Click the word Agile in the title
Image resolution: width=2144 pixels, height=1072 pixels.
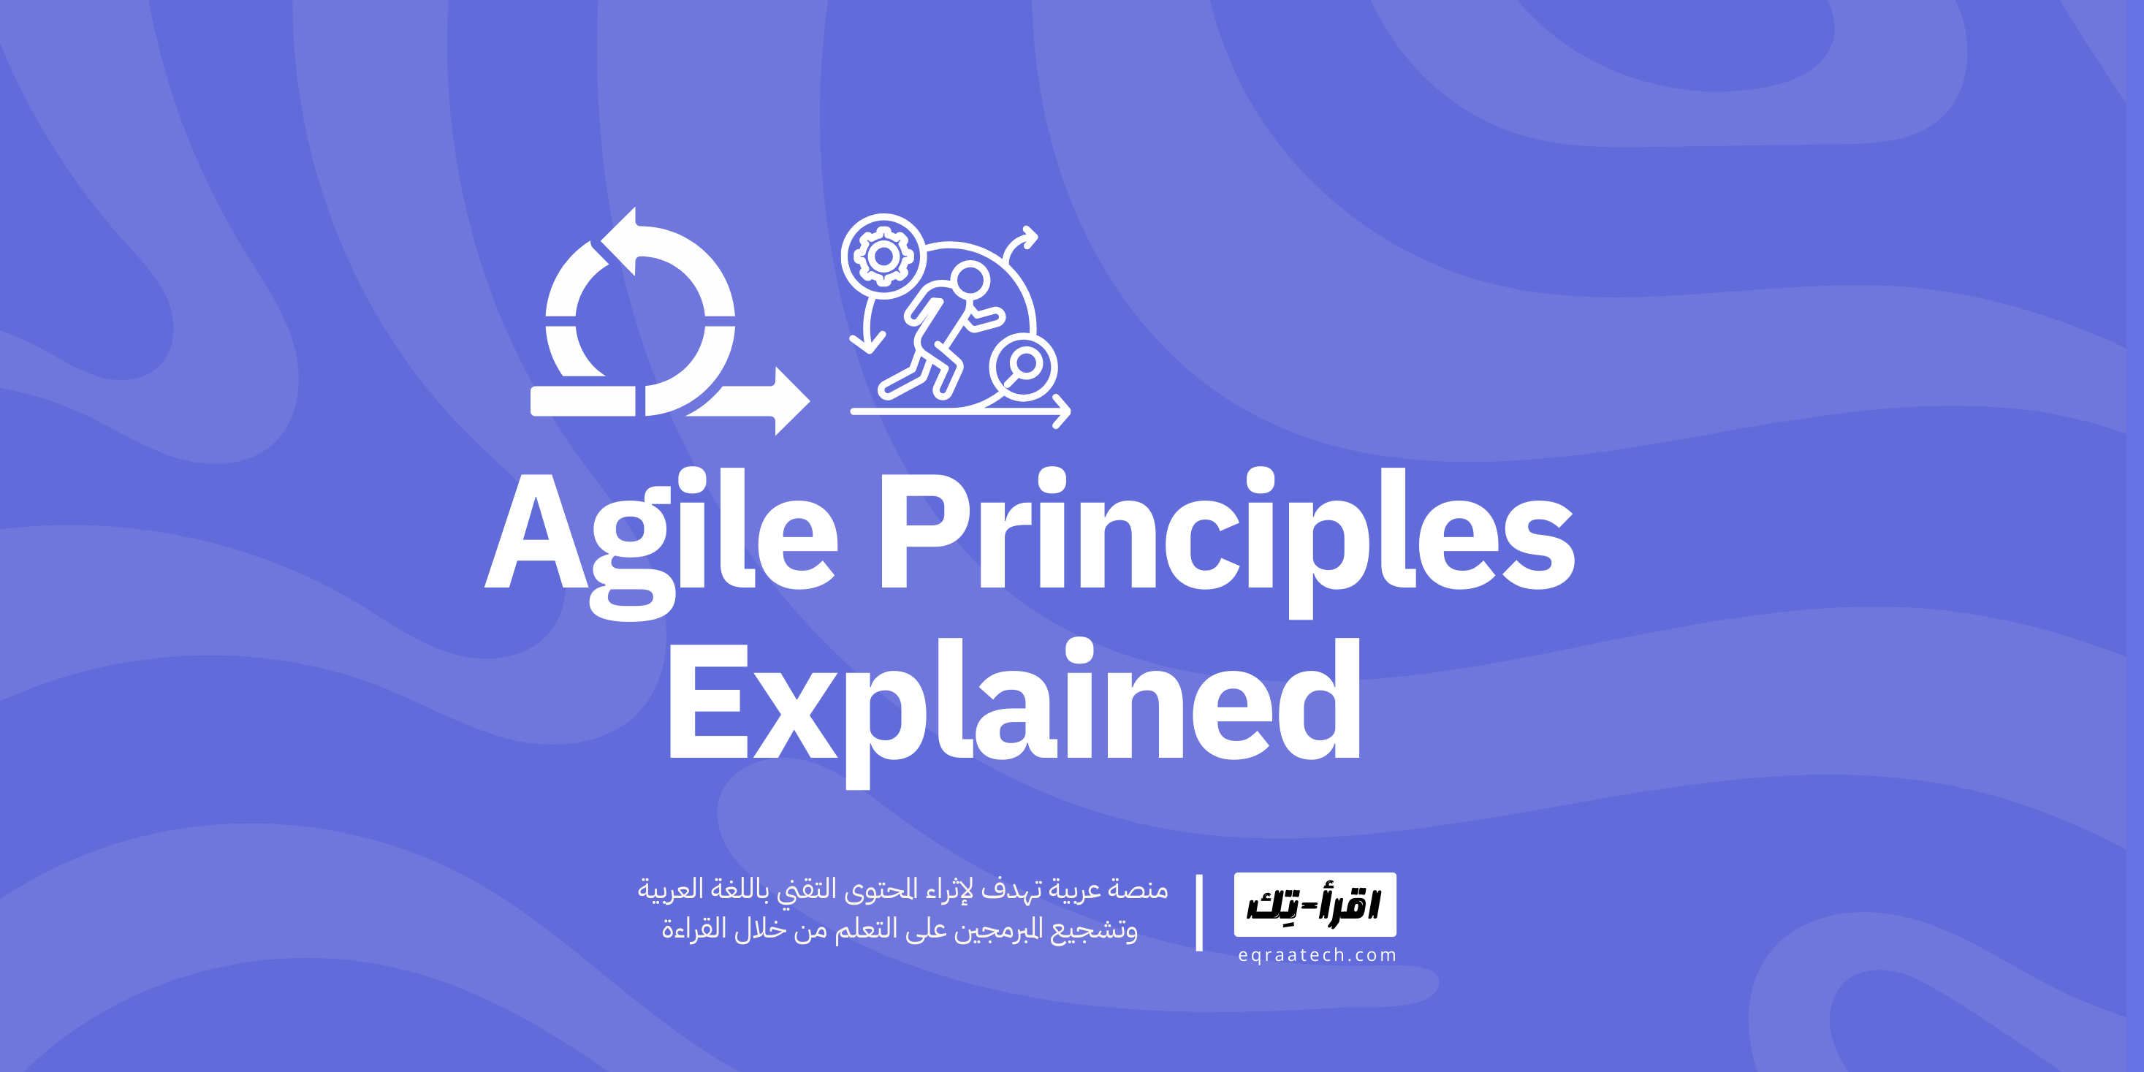coord(661,533)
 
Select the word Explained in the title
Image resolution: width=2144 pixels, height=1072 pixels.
coord(1014,703)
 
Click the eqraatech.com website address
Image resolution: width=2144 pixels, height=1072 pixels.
coord(1317,956)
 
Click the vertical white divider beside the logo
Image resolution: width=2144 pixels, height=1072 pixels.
coord(1198,912)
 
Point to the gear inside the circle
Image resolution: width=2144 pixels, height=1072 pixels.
coord(883,256)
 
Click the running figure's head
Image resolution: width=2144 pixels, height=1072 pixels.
coord(970,281)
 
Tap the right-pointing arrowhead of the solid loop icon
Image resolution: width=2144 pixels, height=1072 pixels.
coord(790,401)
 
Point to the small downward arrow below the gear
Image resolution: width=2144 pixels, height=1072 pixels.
coord(869,341)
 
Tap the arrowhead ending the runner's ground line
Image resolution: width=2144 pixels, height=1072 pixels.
coord(1062,411)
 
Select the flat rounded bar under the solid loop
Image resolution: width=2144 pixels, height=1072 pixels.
coord(583,401)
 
